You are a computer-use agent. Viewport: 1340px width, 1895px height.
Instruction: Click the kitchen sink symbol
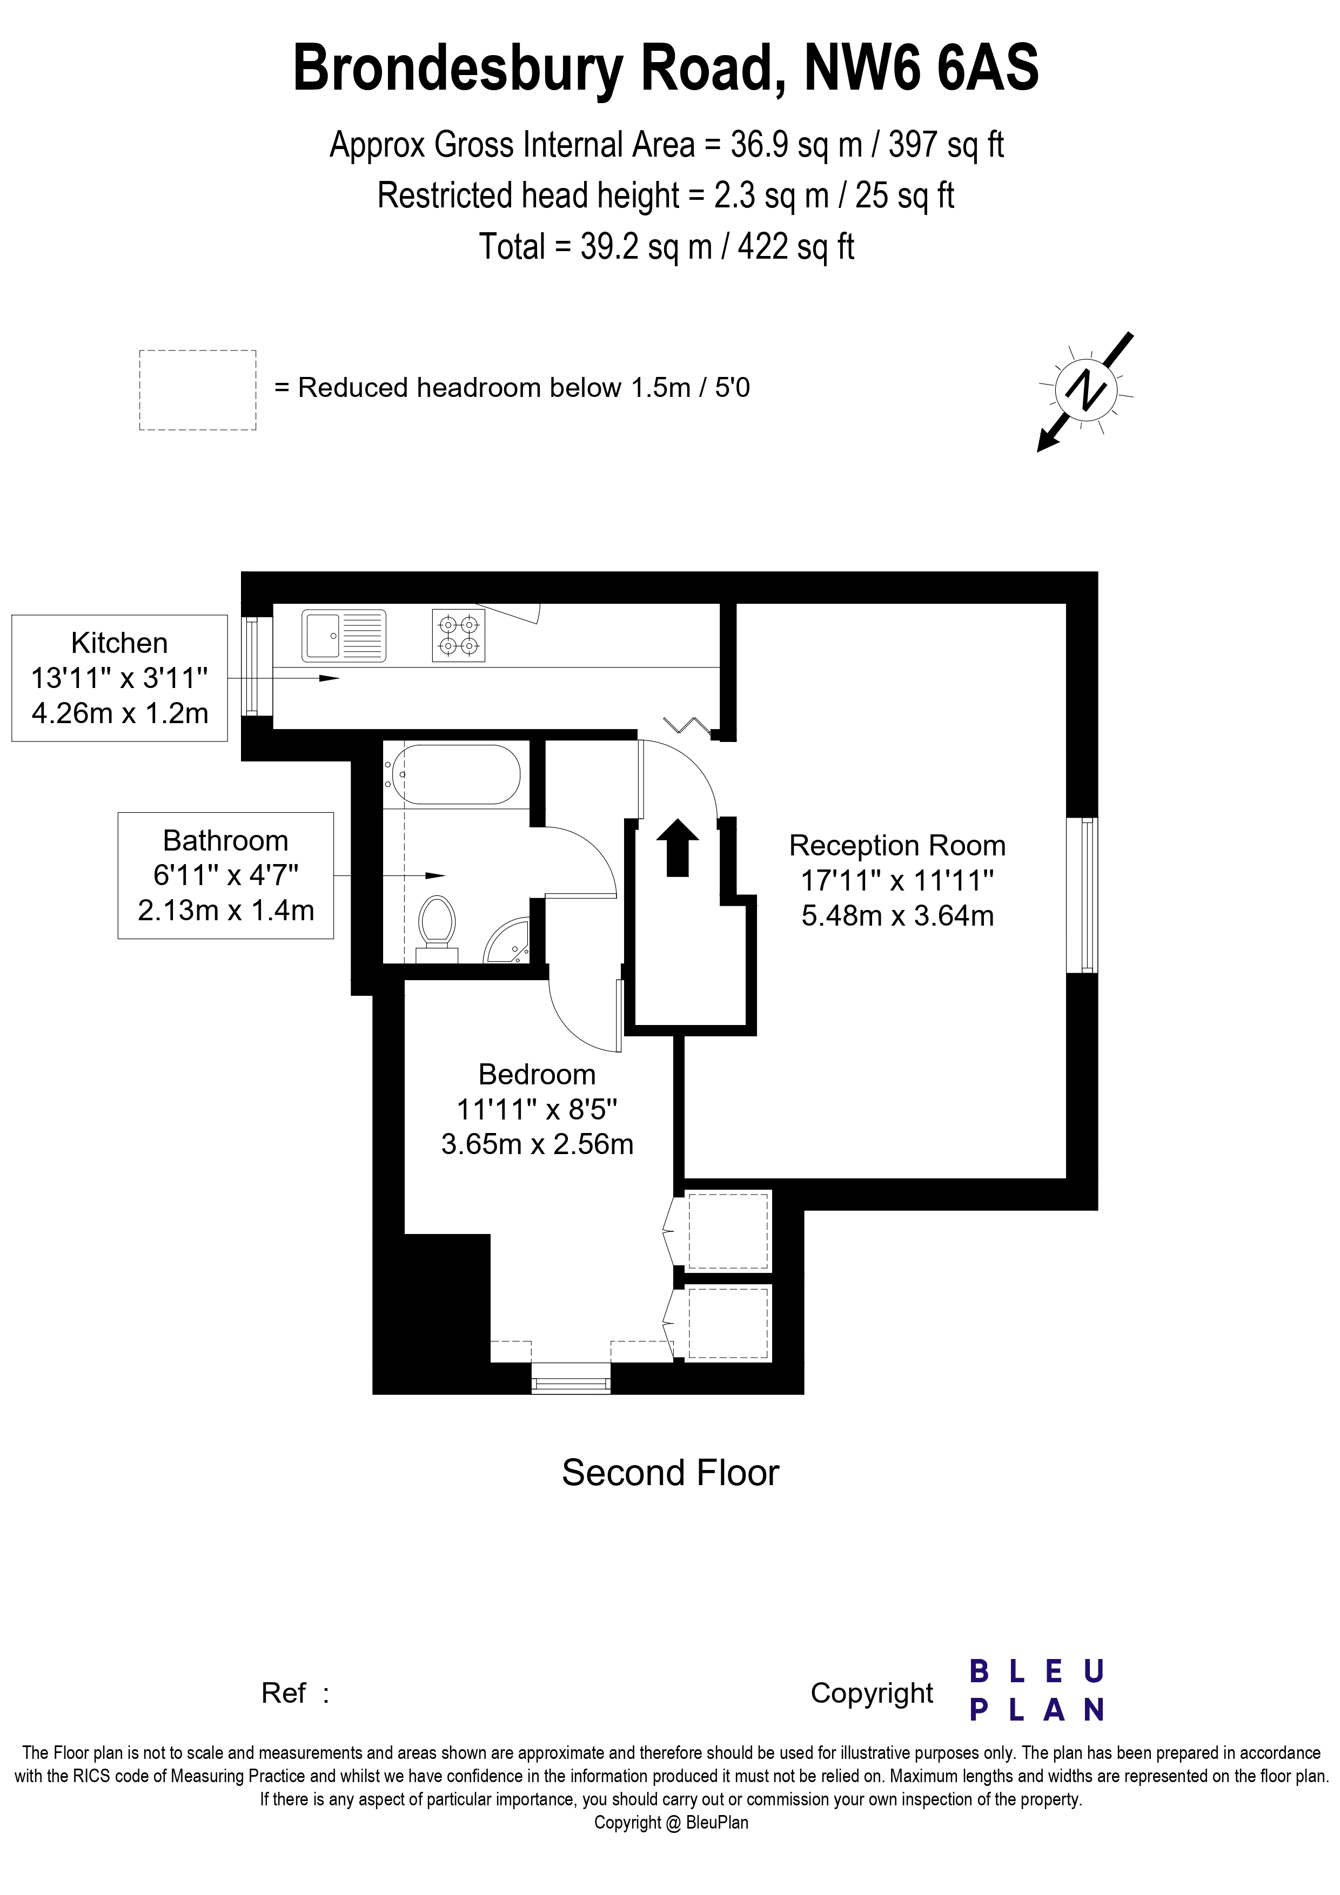(344, 635)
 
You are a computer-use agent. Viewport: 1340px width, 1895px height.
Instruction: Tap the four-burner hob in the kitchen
(458, 635)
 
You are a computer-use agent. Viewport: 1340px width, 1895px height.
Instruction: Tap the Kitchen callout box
(120, 678)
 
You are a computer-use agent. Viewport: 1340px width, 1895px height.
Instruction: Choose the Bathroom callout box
(225, 875)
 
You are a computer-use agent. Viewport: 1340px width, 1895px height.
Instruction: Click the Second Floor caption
(671, 1473)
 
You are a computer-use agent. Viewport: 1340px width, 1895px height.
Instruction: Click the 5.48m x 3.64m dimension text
(897, 915)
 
